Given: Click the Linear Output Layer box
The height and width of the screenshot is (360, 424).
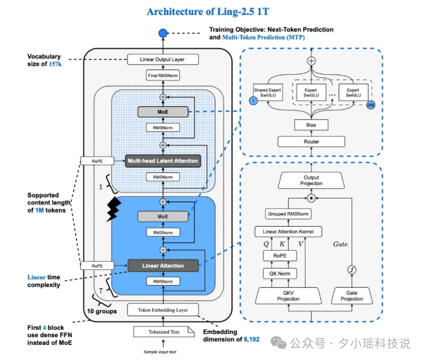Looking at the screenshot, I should coord(163,60).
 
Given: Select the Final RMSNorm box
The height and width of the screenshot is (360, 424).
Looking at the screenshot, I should coord(163,76).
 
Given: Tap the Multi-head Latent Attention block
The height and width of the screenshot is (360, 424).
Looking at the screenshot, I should coord(163,161).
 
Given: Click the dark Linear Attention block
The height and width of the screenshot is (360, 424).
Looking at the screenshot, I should coord(163,266).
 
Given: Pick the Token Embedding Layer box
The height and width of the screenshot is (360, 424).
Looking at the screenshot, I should coord(163,310).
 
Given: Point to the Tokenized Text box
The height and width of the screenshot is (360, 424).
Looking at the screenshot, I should coord(164,332).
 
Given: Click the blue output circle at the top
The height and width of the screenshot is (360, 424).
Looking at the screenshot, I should coord(163,33).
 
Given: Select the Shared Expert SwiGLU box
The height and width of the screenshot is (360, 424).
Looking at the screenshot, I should coord(267,93).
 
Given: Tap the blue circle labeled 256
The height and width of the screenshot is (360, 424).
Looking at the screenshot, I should coord(371,105).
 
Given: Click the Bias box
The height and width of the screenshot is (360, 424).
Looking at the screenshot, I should coord(311,125).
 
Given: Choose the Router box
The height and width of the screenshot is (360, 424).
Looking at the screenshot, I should coord(311,141).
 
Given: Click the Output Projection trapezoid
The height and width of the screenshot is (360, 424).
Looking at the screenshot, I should coord(311,180).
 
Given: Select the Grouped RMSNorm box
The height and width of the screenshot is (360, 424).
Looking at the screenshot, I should coord(288,214).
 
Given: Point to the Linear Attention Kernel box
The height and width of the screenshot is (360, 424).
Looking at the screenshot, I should coord(288,231).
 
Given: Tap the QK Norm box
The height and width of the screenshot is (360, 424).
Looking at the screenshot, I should coord(279,273).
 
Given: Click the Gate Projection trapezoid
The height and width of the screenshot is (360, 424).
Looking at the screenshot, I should coord(352,296).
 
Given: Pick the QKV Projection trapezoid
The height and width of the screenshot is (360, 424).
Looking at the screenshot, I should coord(288,296).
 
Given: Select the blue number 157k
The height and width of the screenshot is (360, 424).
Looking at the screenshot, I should coord(55,64).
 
